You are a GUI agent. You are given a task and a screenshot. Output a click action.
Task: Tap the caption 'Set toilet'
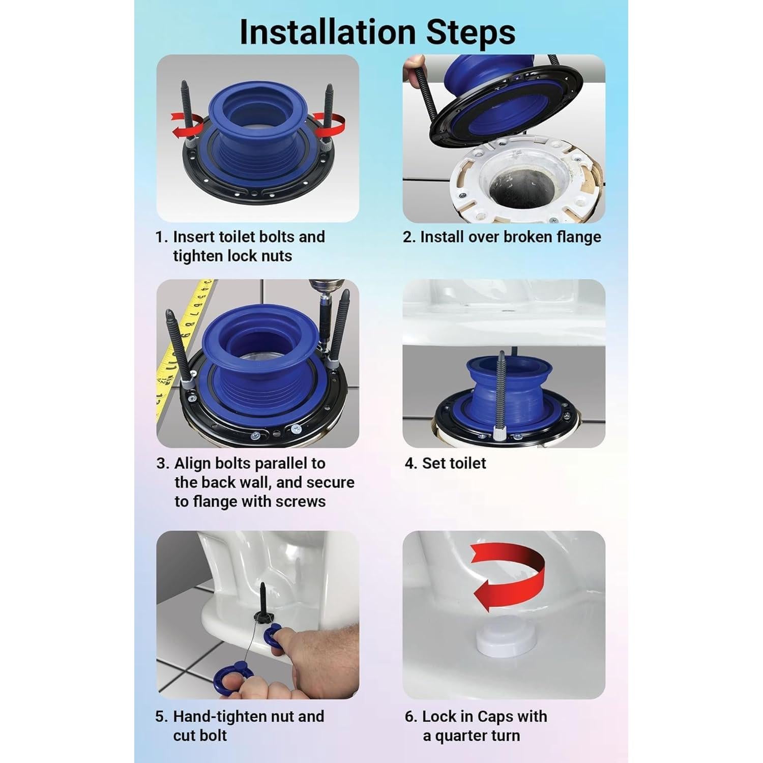[x=454, y=463]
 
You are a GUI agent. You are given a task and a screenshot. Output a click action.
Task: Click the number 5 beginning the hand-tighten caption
[x=161, y=717]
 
